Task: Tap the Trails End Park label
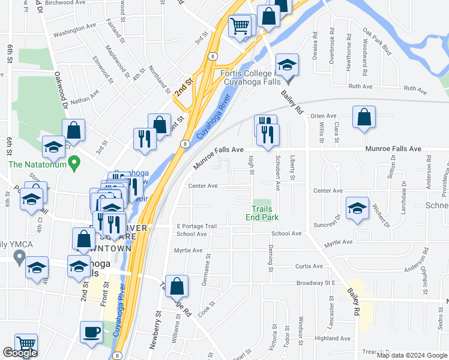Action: [x=262, y=212]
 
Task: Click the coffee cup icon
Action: [x=92, y=332]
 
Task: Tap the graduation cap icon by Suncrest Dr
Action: [x=357, y=208]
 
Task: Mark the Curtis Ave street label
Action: [x=309, y=266]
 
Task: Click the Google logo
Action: [x=20, y=353]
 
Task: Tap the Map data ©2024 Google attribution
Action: [x=412, y=355]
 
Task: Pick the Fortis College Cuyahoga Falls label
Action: [x=255, y=78]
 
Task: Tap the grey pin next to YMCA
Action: [x=19, y=259]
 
